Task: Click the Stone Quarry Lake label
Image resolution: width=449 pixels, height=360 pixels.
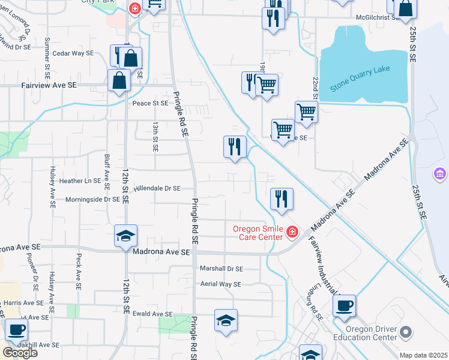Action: tap(360, 78)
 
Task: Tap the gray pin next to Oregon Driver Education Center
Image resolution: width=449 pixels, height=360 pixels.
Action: tap(406, 332)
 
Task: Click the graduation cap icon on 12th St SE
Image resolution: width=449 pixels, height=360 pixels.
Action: tap(126, 236)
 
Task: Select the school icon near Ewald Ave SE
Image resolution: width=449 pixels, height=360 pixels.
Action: tap(226, 321)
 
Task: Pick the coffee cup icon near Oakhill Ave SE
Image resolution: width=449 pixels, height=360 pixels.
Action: tap(16, 329)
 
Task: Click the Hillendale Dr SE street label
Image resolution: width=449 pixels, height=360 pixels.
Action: tap(157, 188)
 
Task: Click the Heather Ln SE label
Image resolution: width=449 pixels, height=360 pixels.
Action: tap(80, 181)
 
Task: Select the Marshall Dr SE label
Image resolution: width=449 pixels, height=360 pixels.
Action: tap(222, 269)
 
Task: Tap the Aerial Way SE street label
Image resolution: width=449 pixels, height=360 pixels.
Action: tap(220, 284)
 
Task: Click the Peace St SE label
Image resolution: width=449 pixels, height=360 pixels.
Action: tap(150, 103)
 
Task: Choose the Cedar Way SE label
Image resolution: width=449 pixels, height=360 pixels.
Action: tap(73, 53)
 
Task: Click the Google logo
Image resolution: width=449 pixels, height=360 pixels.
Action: tap(20, 352)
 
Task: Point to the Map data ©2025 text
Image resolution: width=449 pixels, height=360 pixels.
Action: tap(423, 355)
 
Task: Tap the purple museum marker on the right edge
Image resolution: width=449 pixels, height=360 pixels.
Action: tap(440, 175)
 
